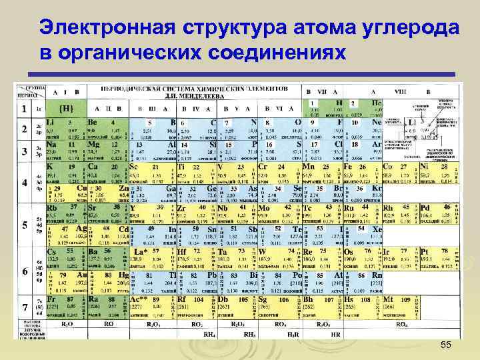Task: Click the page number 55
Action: [446, 343]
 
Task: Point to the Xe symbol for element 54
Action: [377, 229]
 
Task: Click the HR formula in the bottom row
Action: [336, 334]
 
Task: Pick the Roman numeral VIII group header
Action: [400, 91]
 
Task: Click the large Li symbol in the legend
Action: [412, 123]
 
